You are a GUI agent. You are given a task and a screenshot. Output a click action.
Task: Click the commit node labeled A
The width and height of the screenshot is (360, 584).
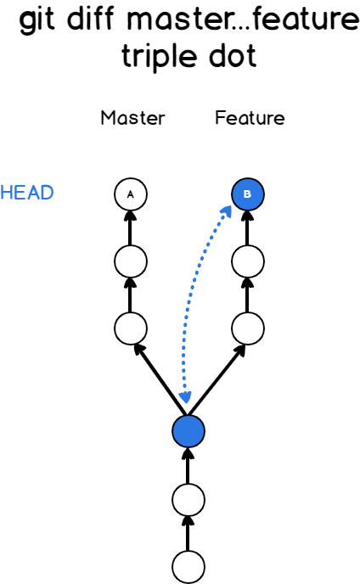130,194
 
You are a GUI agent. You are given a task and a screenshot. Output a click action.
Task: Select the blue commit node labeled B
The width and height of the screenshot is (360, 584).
247,194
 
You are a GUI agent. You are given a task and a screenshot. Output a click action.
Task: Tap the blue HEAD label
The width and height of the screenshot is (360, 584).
27,193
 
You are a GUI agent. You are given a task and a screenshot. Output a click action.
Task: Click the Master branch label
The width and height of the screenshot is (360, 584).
132,118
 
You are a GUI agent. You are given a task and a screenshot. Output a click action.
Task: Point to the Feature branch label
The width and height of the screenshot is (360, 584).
250,118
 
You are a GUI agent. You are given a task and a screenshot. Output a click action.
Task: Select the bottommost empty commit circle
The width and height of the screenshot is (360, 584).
188,565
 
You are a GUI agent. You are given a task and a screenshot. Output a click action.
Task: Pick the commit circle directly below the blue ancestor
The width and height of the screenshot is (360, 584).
188,500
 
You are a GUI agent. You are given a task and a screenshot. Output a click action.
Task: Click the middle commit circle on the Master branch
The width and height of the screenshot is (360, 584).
130,260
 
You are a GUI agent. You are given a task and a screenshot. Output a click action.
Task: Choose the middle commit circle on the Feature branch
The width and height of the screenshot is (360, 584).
247,260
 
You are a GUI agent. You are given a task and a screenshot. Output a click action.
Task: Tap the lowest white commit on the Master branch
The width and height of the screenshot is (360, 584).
130,326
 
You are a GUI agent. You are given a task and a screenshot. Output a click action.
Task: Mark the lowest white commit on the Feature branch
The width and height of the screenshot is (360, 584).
247,326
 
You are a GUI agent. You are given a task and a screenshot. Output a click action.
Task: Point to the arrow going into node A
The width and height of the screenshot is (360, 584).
130,227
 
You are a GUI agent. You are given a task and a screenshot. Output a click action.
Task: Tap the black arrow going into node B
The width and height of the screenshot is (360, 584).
247,227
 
